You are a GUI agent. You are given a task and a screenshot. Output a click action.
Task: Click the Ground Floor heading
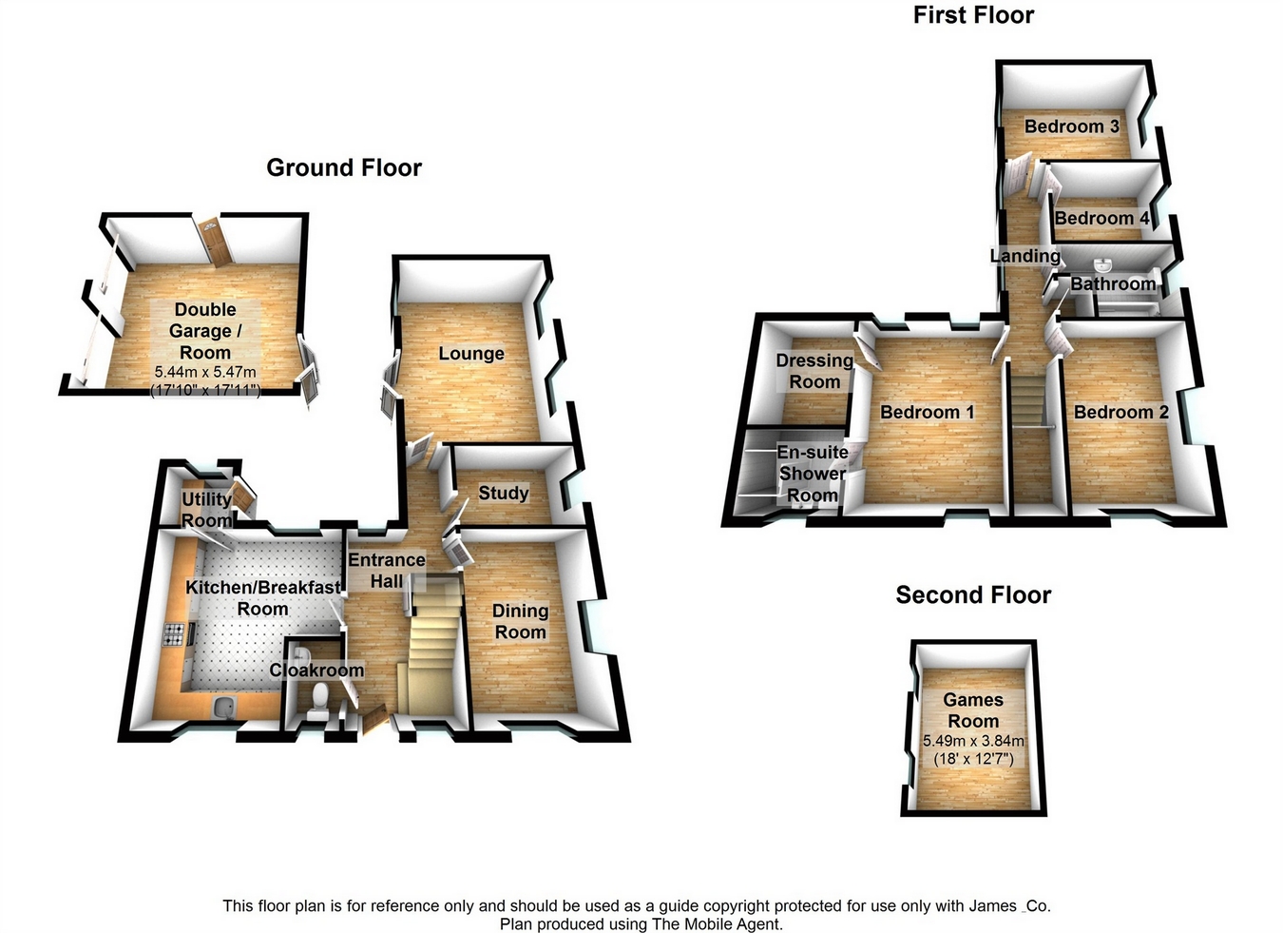[343, 168]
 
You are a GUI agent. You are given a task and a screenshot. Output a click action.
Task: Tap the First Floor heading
[973, 15]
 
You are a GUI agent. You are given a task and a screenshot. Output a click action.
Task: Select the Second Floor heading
[973, 595]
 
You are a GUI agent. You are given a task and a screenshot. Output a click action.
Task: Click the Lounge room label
[471, 354]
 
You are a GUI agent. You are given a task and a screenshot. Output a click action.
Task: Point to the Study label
[503, 493]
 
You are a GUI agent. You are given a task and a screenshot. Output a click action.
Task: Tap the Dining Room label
[520, 621]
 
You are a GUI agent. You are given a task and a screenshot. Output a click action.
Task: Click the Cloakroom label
[316, 670]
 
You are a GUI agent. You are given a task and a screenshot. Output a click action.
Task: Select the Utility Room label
[206, 509]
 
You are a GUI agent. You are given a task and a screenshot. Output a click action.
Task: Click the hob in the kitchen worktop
[174, 634]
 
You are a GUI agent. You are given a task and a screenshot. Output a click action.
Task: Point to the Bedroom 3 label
[1071, 126]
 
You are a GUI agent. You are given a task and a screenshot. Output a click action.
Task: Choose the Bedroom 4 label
[1101, 219]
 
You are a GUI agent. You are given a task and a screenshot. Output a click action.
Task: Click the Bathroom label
[1113, 283]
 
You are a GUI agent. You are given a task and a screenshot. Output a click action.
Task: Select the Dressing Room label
[814, 371]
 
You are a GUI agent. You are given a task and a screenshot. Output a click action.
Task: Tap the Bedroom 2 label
[1120, 412]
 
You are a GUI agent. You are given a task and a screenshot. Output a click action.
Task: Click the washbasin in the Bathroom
[1103, 263]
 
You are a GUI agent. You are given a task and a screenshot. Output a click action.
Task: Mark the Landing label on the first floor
[1024, 256]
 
